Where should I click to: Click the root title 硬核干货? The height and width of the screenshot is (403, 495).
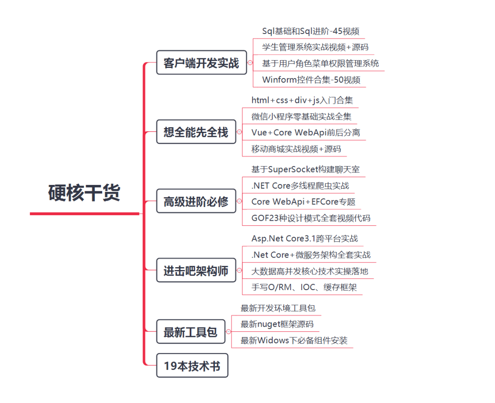pos(84,192)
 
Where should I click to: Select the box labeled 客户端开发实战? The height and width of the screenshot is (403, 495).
pos(201,62)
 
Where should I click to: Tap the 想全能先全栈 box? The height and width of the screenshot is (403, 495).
pos(196,132)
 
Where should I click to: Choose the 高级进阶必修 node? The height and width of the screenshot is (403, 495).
pos(196,201)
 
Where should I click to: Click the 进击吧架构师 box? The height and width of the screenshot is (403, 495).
pos(196,270)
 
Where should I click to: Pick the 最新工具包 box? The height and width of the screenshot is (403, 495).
pos(191,331)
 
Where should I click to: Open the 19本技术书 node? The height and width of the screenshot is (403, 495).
pos(192,365)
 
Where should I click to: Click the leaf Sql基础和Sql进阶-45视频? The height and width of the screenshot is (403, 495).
pos(311,31)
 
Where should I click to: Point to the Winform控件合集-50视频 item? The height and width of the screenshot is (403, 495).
pos(311,80)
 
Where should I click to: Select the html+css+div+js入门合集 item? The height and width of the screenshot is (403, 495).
pos(302,100)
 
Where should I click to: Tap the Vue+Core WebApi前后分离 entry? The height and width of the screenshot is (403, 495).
pos(306,133)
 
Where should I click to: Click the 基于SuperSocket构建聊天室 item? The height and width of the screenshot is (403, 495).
pos(305,169)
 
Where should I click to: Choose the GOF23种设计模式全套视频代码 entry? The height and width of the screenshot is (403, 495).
pos(311,218)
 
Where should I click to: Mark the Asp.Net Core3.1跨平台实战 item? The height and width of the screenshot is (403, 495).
pos(305,239)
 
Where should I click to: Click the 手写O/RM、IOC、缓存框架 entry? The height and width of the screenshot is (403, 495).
pos(304,287)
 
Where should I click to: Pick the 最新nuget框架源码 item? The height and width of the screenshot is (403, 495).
pos(277,324)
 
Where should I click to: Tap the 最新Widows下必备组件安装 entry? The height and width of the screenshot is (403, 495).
pos(294,341)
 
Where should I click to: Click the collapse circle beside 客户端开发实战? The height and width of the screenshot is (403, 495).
pos(250,62)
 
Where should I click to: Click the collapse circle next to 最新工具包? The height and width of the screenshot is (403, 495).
pos(229,331)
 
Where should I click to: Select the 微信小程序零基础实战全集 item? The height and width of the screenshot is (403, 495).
pos(302,117)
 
